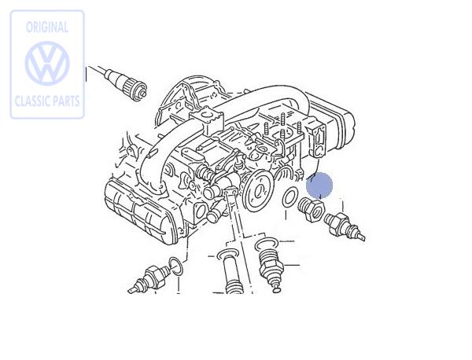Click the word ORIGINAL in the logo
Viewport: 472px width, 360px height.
47,28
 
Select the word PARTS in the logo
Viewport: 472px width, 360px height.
64,101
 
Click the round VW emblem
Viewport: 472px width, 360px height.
47,64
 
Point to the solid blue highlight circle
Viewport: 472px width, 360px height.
319,186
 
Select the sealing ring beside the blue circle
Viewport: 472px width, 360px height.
289,197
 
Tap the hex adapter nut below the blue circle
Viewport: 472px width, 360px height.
311,209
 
